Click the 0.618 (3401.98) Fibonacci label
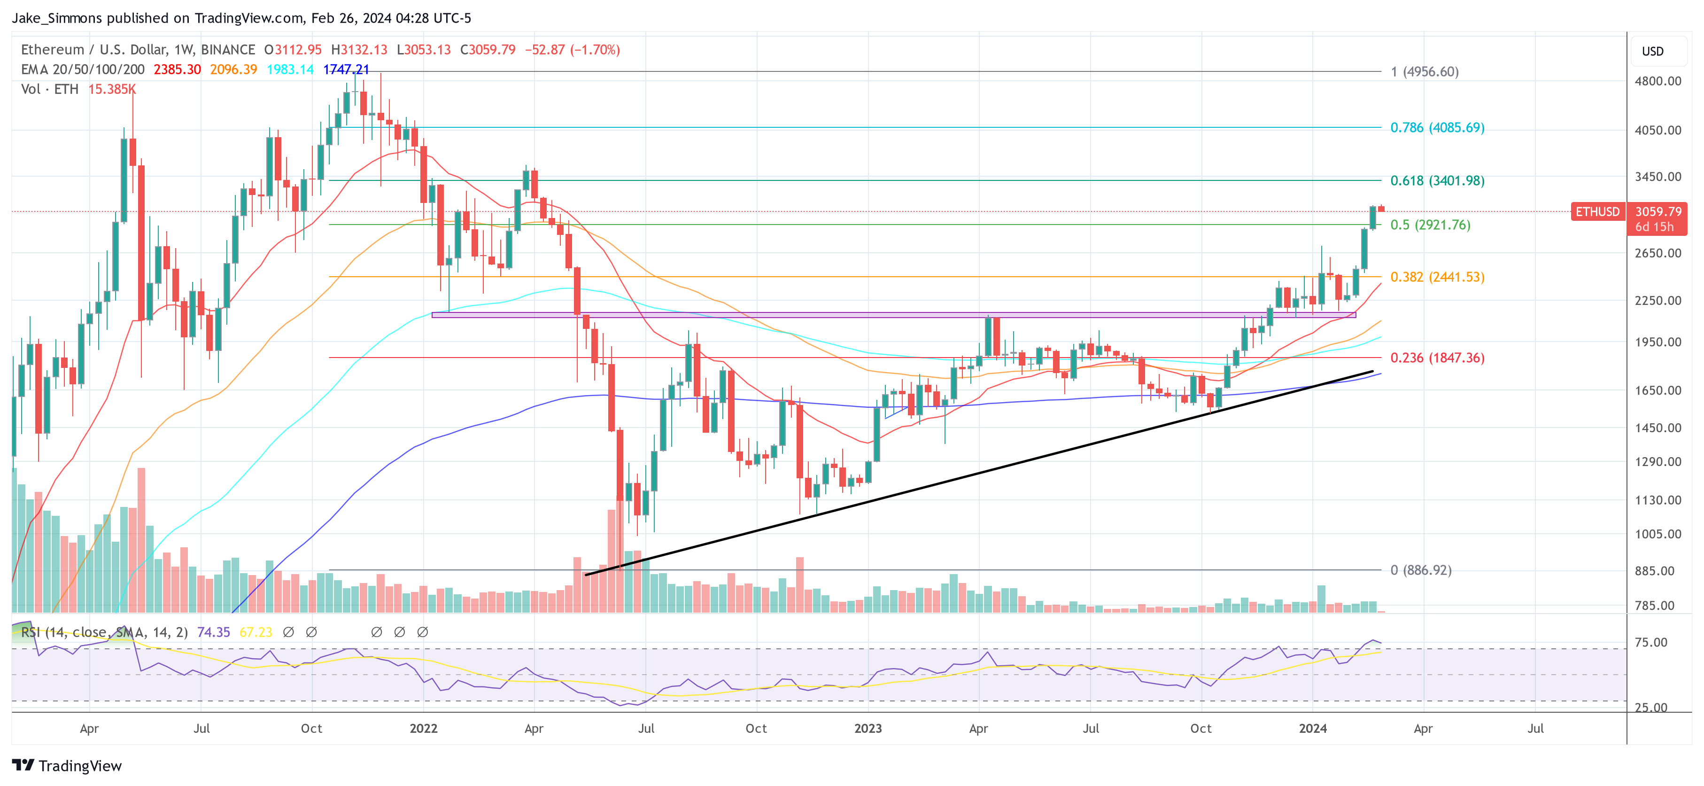point(1437,180)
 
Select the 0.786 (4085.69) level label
point(1437,128)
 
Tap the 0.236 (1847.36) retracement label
point(1437,358)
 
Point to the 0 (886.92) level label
point(1420,570)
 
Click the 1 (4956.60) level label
point(1424,71)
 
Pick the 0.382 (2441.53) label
point(1437,277)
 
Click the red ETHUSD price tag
point(1597,212)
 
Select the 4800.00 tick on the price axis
point(1657,81)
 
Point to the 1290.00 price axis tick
point(1657,462)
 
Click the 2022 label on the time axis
point(423,728)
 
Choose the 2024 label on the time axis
point(1312,728)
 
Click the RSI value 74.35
point(213,632)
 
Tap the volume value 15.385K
point(112,89)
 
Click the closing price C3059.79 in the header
point(488,50)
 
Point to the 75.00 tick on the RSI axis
point(1650,642)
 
